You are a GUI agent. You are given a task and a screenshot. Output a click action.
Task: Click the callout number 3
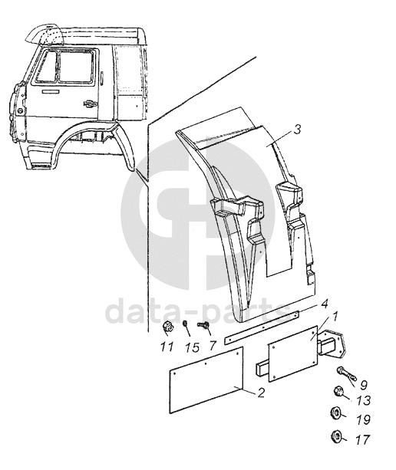[297, 130]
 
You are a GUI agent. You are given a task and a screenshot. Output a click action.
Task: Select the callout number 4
[324, 304]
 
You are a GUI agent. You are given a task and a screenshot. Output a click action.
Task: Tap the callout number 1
[335, 317]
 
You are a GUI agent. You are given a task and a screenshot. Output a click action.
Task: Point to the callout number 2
[261, 393]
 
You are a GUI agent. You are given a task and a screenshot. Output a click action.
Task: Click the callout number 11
[167, 347]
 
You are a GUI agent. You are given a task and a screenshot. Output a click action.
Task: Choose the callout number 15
[192, 347]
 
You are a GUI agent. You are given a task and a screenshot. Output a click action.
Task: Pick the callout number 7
[213, 346]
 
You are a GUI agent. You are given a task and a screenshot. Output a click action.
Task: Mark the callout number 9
[364, 385]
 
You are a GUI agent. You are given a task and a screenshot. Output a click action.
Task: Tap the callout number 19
[364, 420]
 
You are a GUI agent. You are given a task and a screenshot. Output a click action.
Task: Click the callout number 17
[363, 440]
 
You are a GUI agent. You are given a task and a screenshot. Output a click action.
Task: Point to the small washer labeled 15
[185, 324]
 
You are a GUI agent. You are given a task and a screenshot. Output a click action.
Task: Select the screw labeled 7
[203, 325]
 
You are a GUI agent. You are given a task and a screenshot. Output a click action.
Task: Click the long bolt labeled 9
[347, 373]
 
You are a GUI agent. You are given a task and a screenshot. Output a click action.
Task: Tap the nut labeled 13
[338, 391]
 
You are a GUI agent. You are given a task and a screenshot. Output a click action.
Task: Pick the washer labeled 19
[335, 415]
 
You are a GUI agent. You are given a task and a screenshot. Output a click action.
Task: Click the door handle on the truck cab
[91, 104]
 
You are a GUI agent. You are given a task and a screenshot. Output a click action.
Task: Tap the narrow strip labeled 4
[262, 327]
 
